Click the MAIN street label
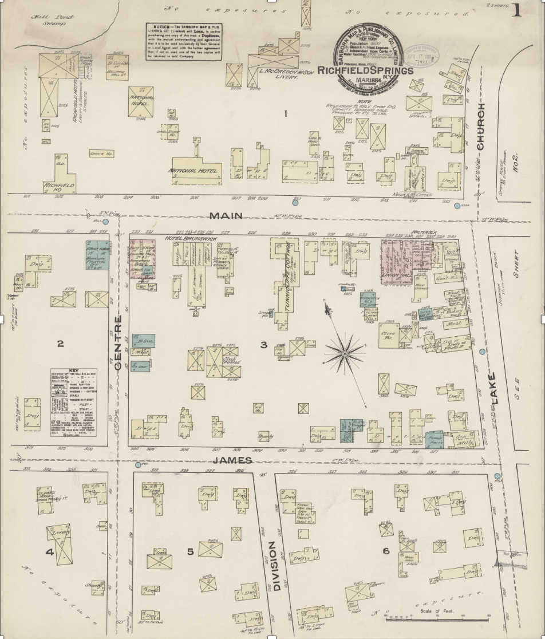pyautogui.click(x=226, y=216)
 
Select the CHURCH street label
pyautogui.click(x=480, y=127)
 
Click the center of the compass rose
pyautogui.click(x=345, y=355)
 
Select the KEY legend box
pyautogui.click(x=73, y=407)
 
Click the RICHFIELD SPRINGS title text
pyautogui.click(x=365, y=70)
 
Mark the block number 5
pyautogui.click(x=191, y=551)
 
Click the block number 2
pyautogui.click(x=60, y=344)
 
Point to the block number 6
pyautogui.click(x=386, y=550)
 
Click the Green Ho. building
pyautogui.click(x=100, y=153)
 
